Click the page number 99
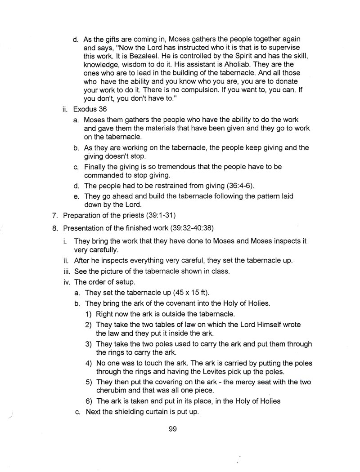pos(172,429)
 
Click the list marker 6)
pos(89,401)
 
